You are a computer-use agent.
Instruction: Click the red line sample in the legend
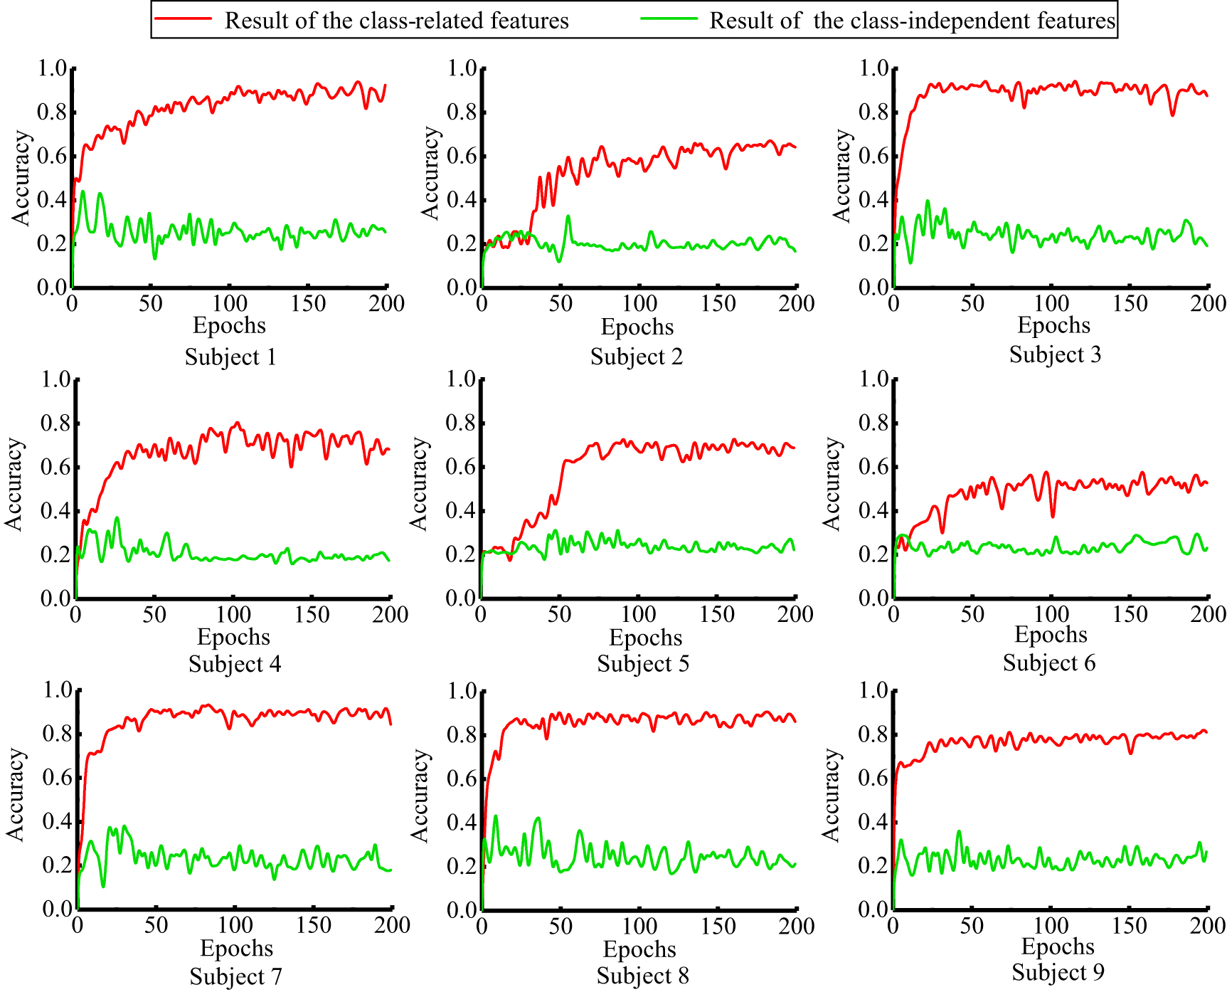[184, 19]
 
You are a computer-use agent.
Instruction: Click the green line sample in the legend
[669, 19]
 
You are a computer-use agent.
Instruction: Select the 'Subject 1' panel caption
[230, 357]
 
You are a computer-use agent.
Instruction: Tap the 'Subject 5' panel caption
[643, 664]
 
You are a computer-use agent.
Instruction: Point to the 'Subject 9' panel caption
[1058, 972]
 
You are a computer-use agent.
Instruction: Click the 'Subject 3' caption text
[1055, 354]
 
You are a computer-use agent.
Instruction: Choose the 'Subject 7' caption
[235, 976]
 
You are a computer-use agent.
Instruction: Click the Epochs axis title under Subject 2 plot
[637, 327]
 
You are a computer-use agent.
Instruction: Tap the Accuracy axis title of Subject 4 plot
[14, 484]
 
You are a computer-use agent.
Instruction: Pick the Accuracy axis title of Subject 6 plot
[832, 484]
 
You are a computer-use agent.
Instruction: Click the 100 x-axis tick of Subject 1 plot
[229, 304]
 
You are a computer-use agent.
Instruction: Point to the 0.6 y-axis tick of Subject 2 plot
[462, 156]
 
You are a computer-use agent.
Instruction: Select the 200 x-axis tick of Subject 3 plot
[1207, 304]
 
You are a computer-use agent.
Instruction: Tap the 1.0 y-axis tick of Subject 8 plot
[462, 691]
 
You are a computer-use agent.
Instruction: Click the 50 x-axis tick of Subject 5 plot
[559, 614]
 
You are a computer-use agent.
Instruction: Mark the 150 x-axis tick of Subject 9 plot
[1129, 925]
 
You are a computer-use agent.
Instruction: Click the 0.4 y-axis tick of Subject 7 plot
[58, 821]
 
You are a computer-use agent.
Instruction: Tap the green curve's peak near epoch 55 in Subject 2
[568, 216]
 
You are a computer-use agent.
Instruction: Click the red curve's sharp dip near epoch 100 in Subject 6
[1053, 515]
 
